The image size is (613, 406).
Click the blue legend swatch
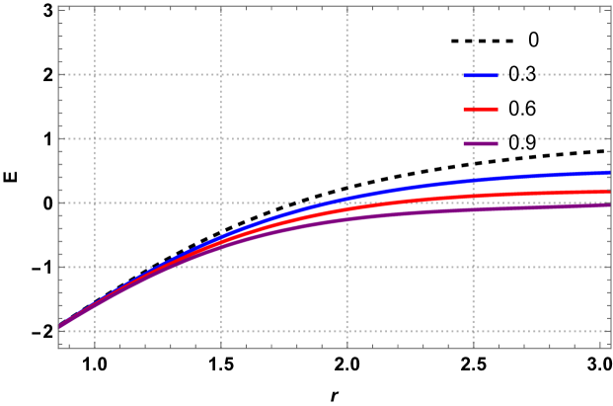click(481, 75)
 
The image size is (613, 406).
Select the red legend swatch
click(481, 109)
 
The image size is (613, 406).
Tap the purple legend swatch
click(481, 143)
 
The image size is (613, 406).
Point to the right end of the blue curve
click(609, 173)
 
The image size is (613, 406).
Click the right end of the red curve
click(609, 192)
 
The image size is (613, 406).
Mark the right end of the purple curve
click(609, 205)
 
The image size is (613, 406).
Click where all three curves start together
click(60, 326)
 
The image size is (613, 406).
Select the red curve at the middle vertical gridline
click(347, 209)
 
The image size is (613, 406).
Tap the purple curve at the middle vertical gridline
click(347, 218)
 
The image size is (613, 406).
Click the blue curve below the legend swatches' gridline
click(474, 180)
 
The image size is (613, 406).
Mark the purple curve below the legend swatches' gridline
click(474, 209)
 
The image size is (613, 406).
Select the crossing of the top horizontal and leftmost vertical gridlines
click(95, 74)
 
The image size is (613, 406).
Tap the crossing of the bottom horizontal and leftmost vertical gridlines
click(95, 331)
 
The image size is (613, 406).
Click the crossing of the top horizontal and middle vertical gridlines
click(347, 74)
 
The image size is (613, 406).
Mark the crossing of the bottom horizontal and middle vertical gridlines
click(347, 331)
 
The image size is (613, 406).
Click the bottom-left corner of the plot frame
click(58, 347)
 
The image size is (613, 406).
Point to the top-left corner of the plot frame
click(58, 7)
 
